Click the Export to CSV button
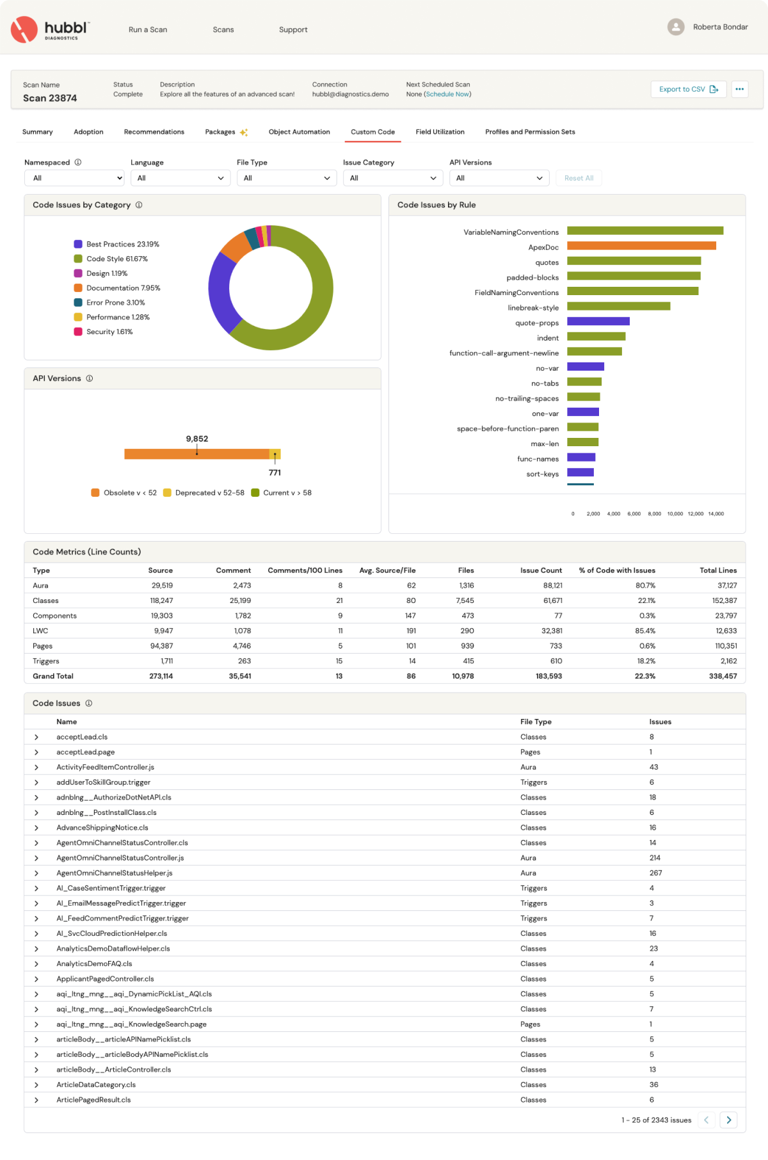coord(688,90)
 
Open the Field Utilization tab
coord(440,132)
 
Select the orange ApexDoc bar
coord(641,246)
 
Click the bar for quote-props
coord(598,321)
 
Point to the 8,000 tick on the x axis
coord(654,513)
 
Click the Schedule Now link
coord(447,94)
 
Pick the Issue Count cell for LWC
coord(551,631)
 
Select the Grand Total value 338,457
coord(723,676)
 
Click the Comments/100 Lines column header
coord(305,570)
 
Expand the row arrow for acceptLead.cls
coord(36,737)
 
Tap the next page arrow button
coord(728,1120)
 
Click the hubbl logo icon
coord(24,29)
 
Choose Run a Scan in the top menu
coord(148,29)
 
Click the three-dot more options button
coord(739,90)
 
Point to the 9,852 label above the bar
coord(197,439)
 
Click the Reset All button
coord(579,178)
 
